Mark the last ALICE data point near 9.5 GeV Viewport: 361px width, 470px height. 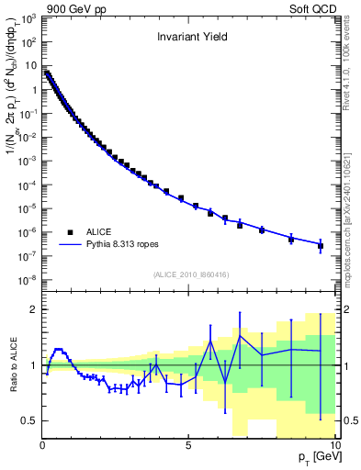[x=321, y=246]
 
